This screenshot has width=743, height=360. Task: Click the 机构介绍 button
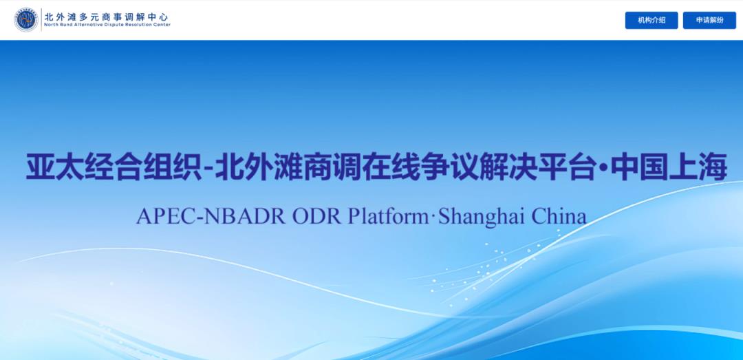pyautogui.click(x=652, y=21)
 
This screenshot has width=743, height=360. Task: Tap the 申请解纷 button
pyautogui.click(x=709, y=21)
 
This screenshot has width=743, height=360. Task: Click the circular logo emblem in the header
pyautogui.click(x=26, y=20)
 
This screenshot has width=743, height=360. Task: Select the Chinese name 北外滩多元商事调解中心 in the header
pyautogui.click(x=107, y=16)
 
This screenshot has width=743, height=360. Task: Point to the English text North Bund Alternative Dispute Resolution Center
pyautogui.click(x=107, y=25)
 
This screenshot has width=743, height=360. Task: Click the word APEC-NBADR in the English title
pyautogui.click(x=211, y=217)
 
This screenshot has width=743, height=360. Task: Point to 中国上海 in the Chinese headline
pyautogui.click(x=668, y=167)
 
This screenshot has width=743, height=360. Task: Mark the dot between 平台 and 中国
pyautogui.click(x=603, y=167)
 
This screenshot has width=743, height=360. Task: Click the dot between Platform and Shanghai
pyautogui.click(x=433, y=218)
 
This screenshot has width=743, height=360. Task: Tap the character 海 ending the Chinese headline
pyautogui.click(x=713, y=167)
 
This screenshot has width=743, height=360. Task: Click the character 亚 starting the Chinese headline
pyautogui.click(x=40, y=167)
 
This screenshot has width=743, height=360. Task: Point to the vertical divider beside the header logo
pyautogui.click(x=41, y=20)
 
